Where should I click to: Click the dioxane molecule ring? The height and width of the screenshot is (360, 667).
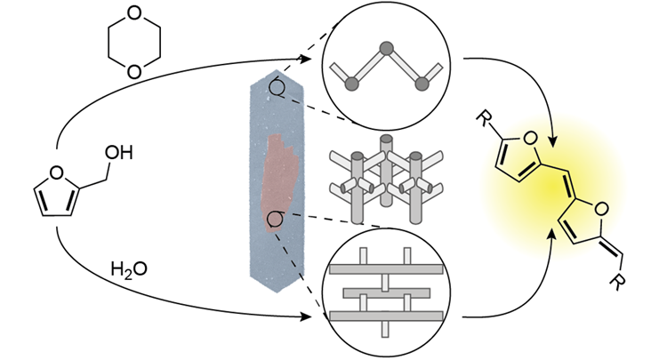133,44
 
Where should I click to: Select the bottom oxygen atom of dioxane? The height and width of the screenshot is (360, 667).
133,71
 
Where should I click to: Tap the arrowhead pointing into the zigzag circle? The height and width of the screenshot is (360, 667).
315,60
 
